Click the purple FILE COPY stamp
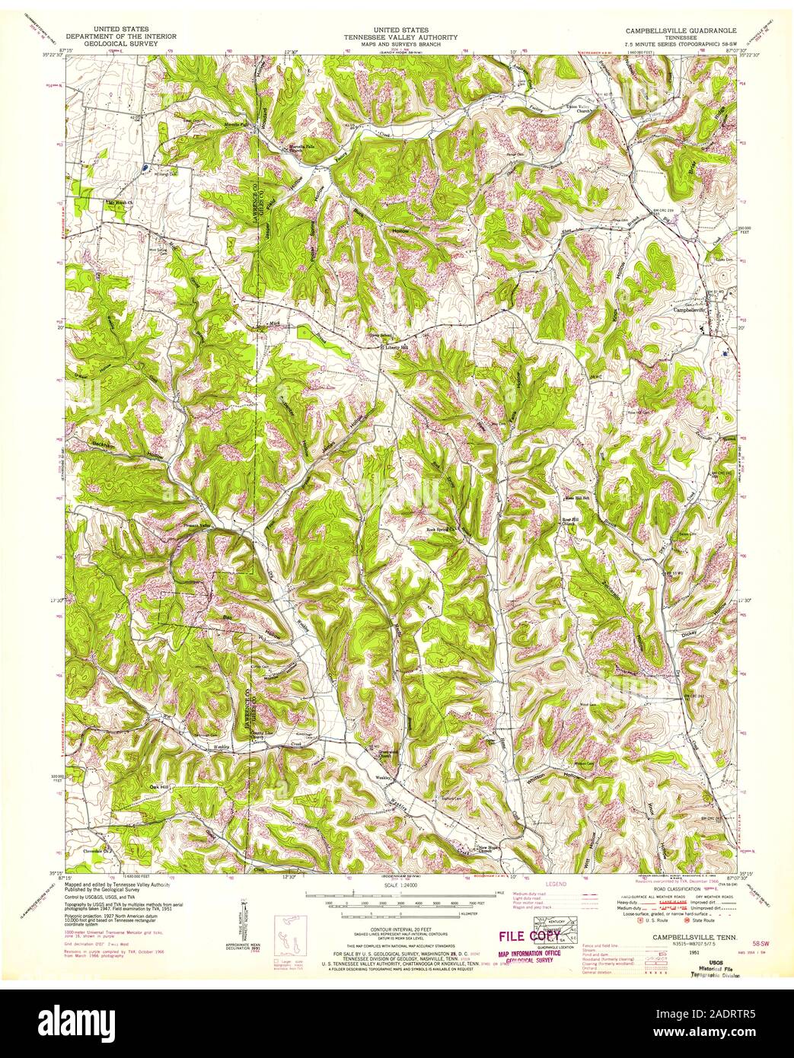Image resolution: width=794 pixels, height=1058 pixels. click(x=529, y=935)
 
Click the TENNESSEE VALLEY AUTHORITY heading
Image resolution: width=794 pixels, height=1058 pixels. click(x=400, y=37)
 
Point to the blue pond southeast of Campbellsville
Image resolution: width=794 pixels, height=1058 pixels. click(x=728, y=353)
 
